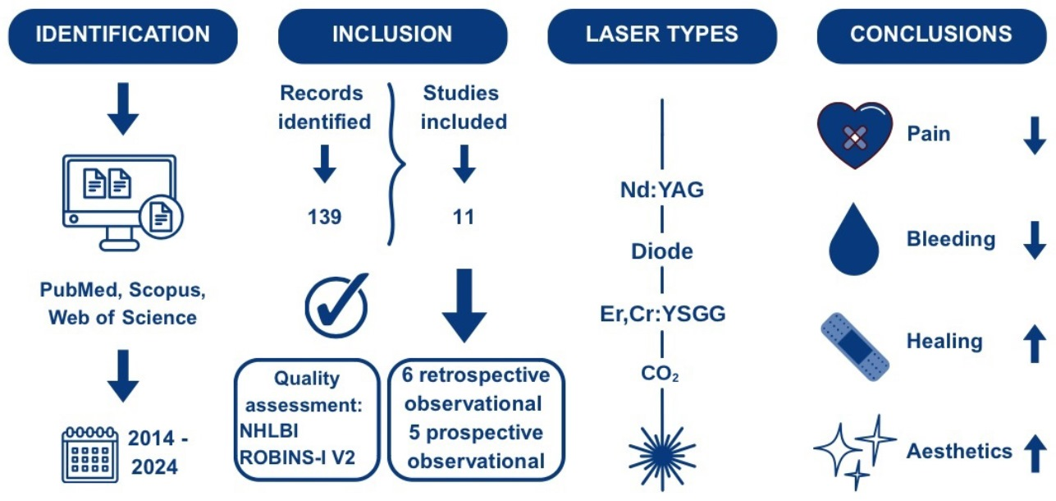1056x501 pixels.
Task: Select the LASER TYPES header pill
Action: tap(661, 35)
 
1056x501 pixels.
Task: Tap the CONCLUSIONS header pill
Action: tap(930, 35)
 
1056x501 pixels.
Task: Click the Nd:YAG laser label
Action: tap(662, 191)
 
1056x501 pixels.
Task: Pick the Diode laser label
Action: tap(662, 252)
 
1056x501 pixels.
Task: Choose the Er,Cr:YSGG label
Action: tap(662, 315)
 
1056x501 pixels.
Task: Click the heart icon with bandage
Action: tap(854, 135)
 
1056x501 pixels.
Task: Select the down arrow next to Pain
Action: tap(1035, 136)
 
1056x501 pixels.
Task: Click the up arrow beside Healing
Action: tap(1035, 343)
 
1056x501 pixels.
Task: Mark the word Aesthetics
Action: tap(958, 450)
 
